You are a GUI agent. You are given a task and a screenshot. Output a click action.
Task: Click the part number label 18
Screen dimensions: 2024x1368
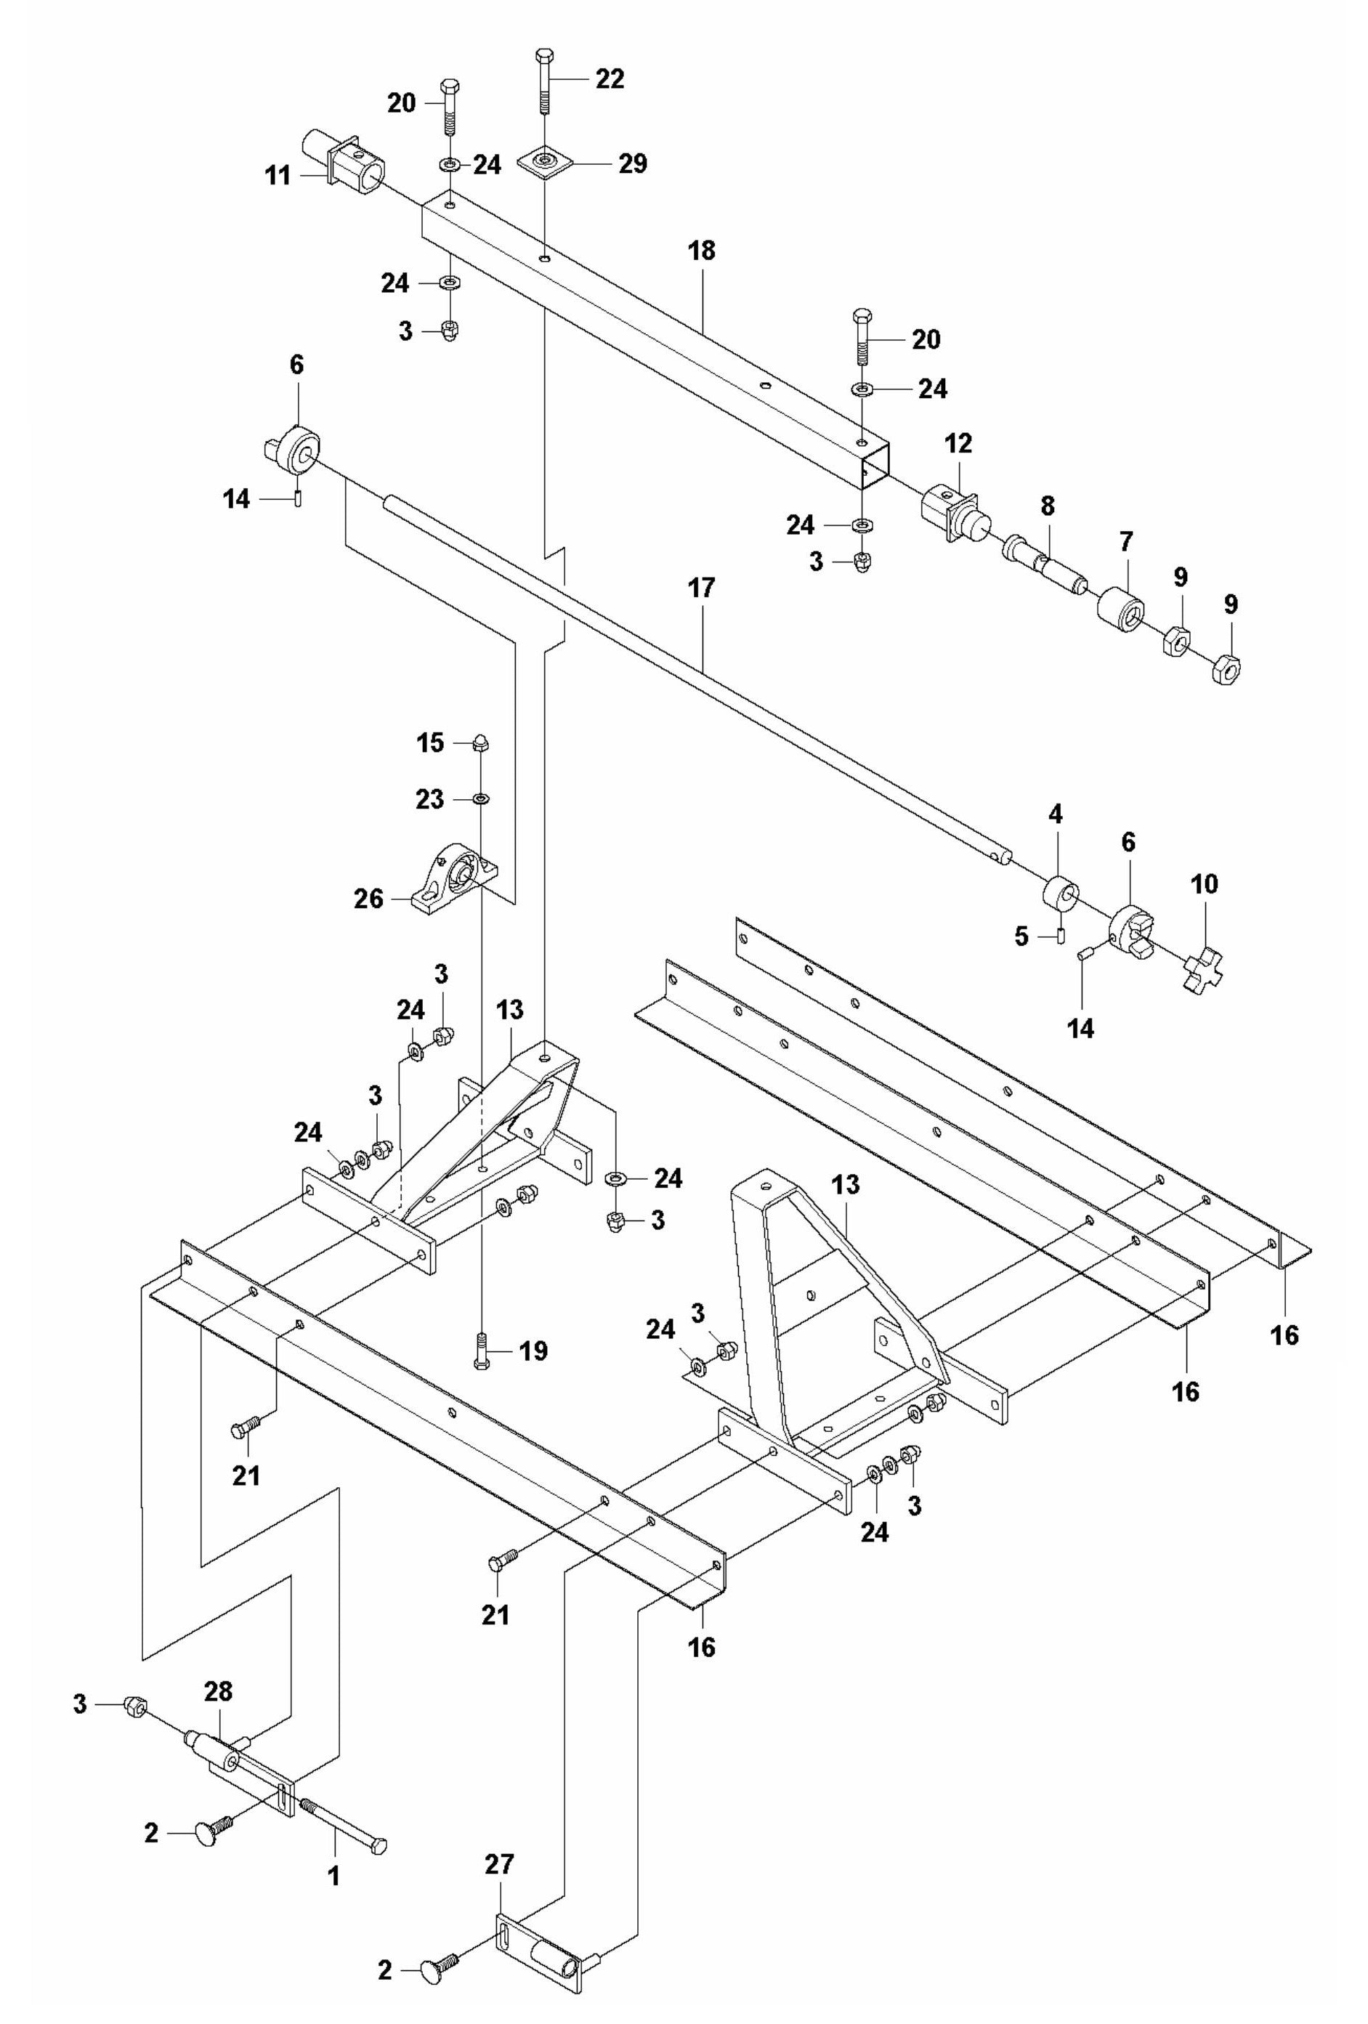click(701, 251)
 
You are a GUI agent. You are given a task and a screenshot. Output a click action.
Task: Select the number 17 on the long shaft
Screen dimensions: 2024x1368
click(701, 588)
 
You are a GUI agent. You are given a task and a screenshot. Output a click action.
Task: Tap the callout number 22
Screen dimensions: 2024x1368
click(610, 79)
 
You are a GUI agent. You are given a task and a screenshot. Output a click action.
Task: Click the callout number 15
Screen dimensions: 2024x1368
click(430, 743)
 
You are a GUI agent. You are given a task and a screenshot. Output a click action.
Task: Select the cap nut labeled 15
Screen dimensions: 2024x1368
click(479, 743)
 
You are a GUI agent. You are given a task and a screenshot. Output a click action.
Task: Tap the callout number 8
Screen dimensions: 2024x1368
click(1047, 505)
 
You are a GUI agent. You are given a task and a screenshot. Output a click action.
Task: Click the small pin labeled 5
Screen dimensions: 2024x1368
click(1061, 936)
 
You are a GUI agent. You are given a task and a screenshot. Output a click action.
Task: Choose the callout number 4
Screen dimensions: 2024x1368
click(1056, 815)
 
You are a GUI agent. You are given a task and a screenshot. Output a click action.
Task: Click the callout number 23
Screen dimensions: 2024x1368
click(429, 799)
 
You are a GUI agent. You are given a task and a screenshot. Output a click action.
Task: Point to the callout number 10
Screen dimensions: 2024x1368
click(1205, 885)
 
